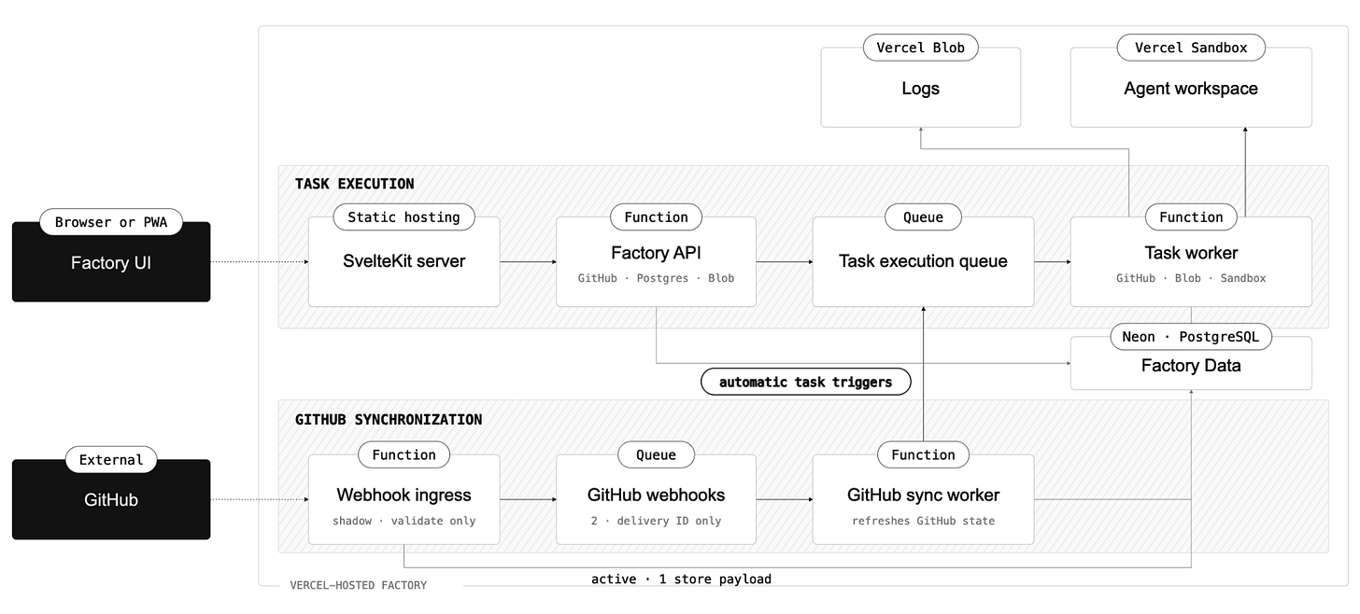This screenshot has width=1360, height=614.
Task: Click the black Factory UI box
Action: (111, 262)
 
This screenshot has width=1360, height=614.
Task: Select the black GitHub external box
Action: (111, 499)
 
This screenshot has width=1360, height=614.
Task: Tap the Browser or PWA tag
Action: (111, 222)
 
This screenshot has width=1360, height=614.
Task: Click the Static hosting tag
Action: (404, 217)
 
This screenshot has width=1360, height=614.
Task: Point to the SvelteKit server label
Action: (404, 261)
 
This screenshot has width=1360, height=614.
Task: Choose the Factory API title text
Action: (656, 252)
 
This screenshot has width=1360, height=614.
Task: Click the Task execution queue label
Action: (923, 261)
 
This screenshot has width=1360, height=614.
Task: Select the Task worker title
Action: (1191, 252)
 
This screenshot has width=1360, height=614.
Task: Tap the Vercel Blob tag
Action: (920, 48)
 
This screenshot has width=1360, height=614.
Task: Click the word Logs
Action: (920, 89)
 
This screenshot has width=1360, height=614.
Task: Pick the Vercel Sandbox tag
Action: (1191, 48)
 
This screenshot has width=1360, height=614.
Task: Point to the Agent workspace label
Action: (1191, 89)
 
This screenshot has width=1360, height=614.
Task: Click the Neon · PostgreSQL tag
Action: (1191, 337)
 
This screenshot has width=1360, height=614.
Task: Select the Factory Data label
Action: (1191, 365)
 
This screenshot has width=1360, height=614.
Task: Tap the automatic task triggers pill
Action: (806, 382)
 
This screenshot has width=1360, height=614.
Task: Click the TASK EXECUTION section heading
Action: (355, 184)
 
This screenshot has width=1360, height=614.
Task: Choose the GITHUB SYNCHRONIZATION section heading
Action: (389, 419)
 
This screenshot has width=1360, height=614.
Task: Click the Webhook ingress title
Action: (404, 495)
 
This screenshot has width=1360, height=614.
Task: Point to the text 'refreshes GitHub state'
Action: (923, 521)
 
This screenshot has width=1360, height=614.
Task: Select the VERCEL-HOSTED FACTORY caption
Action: (359, 585)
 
